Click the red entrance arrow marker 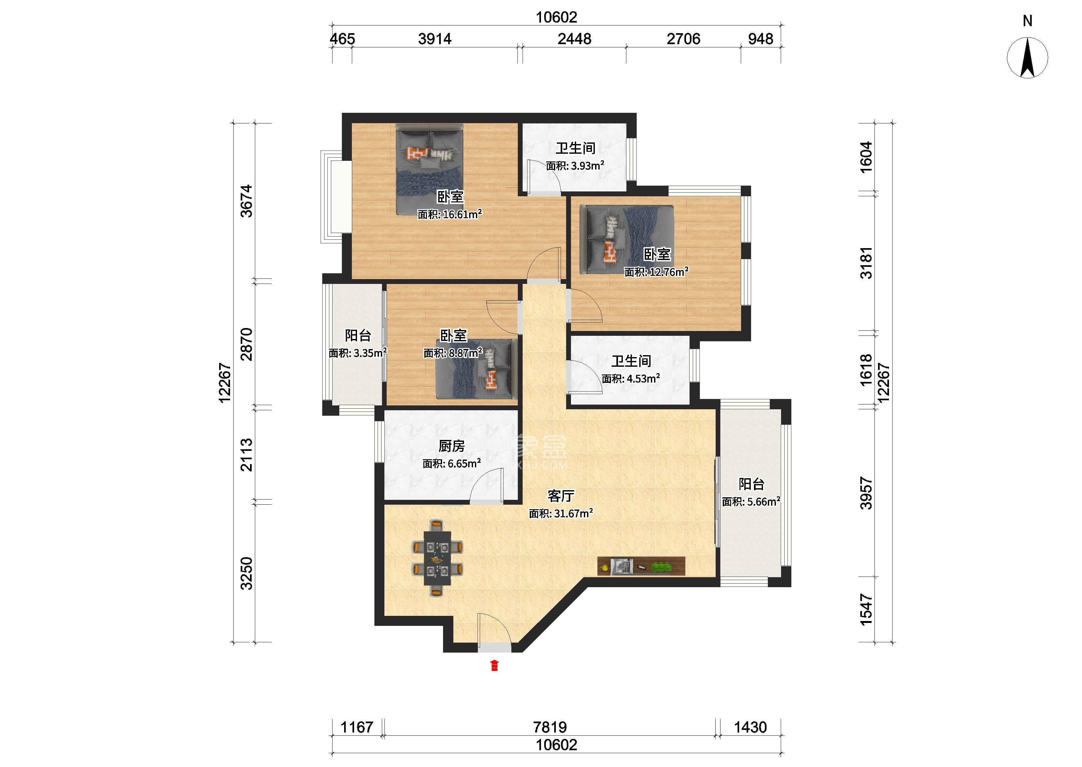pos(494,665)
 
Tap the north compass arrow pos(1028,58)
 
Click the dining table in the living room pos(438,558)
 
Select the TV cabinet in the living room pos(641,566)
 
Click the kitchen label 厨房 pos(451,446)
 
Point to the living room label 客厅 pos(561,496)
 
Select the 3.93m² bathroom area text pos(588,166)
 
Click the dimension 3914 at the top pos(435,39)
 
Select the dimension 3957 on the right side pos(866,493)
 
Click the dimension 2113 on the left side pos(246,455)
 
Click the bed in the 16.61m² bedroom pos(430,169)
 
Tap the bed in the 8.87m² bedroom pos(476,369)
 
